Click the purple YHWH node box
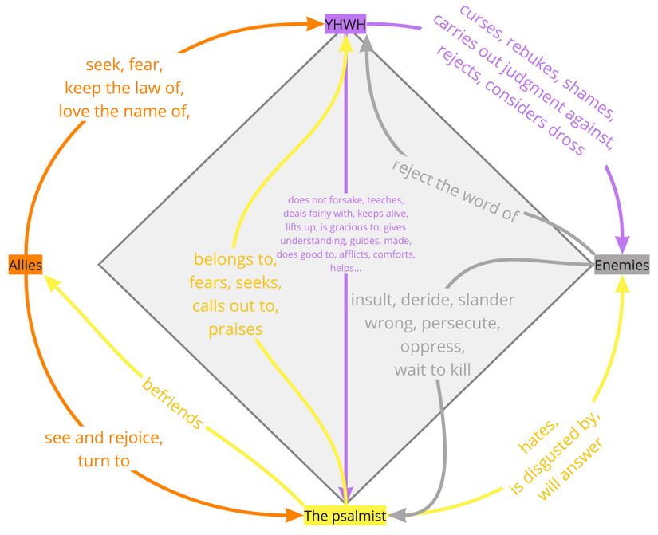coord(345,25)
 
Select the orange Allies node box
coord(26,265)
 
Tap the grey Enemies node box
coord(622,265)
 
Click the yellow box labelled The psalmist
coord(345,517)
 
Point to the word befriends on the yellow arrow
coord(171,403)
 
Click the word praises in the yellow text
coord(235,328)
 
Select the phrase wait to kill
coord(432,370)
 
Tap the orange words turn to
coord(104,461)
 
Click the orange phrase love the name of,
coord(124,111)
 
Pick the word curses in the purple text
coord(483,23)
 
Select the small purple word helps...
coord(345,268)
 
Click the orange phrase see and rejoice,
coord(104,438)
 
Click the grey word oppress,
coord(431,347)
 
